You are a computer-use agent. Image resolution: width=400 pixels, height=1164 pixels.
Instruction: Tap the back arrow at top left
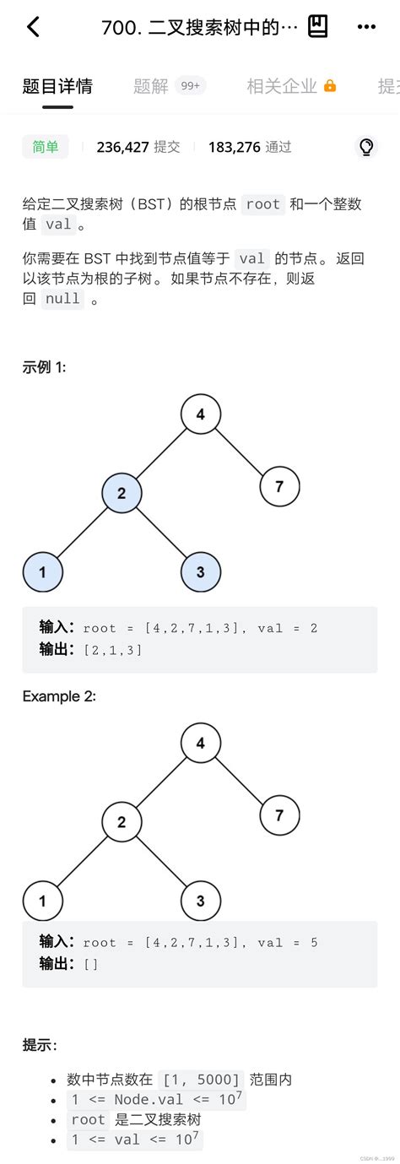33,27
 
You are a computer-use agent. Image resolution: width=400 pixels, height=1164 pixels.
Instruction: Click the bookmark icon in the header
317,27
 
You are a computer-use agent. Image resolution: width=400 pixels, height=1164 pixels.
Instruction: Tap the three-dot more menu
366,27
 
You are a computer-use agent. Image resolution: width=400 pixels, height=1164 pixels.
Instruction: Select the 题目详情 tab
57,85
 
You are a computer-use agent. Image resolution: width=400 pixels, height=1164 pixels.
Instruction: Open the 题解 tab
151,85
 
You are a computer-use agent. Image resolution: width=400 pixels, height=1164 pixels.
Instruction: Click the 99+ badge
190,85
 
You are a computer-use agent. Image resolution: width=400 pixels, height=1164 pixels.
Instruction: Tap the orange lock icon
330,86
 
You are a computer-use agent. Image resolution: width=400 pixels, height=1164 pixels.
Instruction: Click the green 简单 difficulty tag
46,147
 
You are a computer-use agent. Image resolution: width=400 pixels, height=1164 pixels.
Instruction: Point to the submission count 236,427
123,147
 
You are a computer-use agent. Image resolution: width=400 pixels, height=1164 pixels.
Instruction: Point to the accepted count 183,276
235,147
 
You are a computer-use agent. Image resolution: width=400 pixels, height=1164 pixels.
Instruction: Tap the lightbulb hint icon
366,147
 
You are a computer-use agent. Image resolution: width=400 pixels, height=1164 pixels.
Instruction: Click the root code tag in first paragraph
263,204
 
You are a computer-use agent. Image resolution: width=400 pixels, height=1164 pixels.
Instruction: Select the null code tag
63,299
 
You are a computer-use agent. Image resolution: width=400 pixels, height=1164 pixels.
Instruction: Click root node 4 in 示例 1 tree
201,414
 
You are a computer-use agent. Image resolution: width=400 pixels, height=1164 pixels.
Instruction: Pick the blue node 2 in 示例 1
122,494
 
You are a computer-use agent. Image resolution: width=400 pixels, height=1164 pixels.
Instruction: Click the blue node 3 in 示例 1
201,572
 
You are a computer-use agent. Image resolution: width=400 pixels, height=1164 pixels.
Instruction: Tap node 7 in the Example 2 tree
279,815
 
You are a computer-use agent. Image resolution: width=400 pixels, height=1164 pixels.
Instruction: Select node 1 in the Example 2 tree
42,901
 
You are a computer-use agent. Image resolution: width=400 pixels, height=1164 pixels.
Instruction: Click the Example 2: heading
59,696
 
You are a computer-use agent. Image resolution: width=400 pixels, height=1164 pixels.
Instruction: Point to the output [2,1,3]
112,650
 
